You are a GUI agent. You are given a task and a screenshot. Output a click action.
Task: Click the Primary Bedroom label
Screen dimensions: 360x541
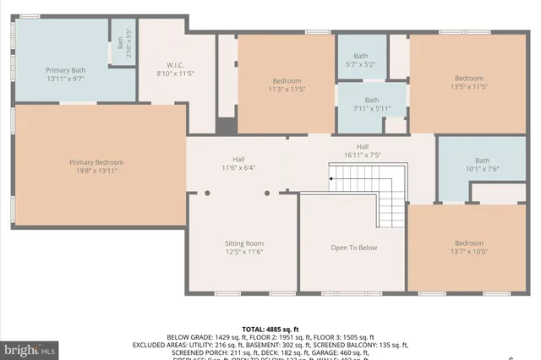point(96,162)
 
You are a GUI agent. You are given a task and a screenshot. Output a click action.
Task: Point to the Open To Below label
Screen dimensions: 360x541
point(353,248)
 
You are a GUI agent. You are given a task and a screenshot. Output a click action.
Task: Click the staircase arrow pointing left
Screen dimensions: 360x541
point(332,178)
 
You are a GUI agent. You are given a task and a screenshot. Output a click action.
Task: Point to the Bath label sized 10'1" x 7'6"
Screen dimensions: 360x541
point(482,161)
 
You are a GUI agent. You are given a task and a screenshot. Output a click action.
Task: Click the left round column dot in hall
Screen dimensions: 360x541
point(206,193)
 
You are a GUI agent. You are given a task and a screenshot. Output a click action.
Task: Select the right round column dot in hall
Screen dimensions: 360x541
point(267,193)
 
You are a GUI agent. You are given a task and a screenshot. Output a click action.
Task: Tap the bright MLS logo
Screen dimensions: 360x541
point(30,348)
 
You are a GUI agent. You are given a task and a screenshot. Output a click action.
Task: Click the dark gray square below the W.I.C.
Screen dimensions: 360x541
point(225,126)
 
